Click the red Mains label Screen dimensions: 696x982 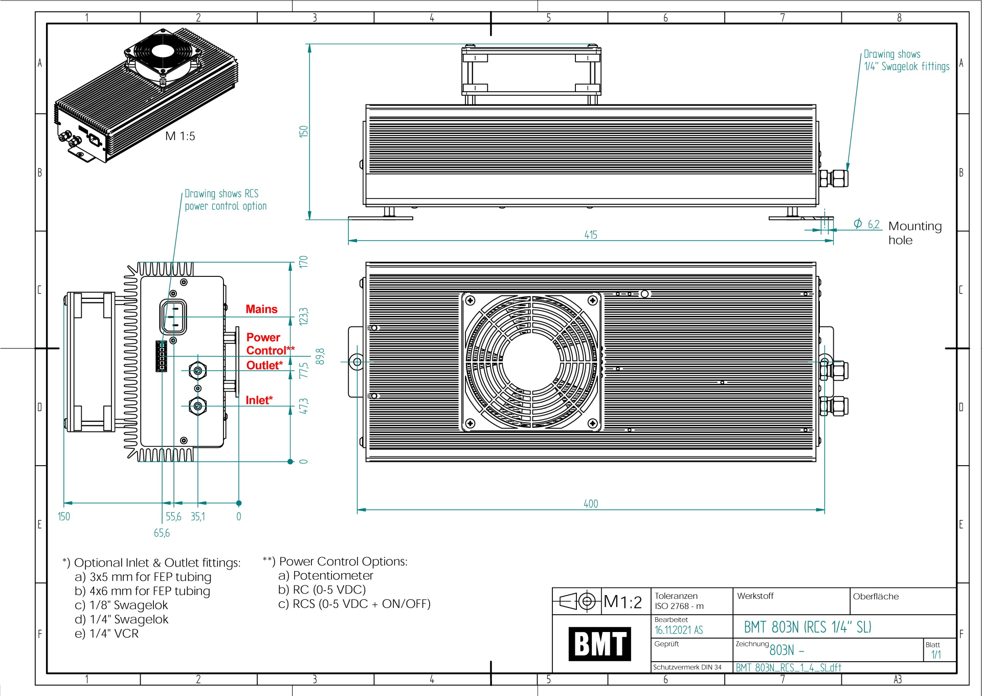point(261,309)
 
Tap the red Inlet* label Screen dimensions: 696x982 point(259,400)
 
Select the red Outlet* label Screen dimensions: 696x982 point(264,365)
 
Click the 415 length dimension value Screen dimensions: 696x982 point(591,235)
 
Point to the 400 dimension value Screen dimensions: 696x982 point(591,504)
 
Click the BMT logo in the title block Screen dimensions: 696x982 point(599,644)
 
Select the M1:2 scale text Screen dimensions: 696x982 point(622,602)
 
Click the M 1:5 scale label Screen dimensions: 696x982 point(180,136)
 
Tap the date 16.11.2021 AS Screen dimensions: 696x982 point(679,630)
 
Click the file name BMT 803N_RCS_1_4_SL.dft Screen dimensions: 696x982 point(788,668)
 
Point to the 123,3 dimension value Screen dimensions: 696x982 point(304,316)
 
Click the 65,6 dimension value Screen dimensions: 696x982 point(162,533)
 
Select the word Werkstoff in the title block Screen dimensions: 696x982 point(755,596)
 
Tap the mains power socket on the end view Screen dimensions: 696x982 point(173,317)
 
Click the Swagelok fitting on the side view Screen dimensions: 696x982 point(834,178)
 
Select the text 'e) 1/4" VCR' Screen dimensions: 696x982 point(106,634)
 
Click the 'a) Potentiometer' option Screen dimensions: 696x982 point(326,576)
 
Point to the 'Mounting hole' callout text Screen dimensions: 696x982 point(914,233)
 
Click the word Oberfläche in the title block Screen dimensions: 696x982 point(876,596)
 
